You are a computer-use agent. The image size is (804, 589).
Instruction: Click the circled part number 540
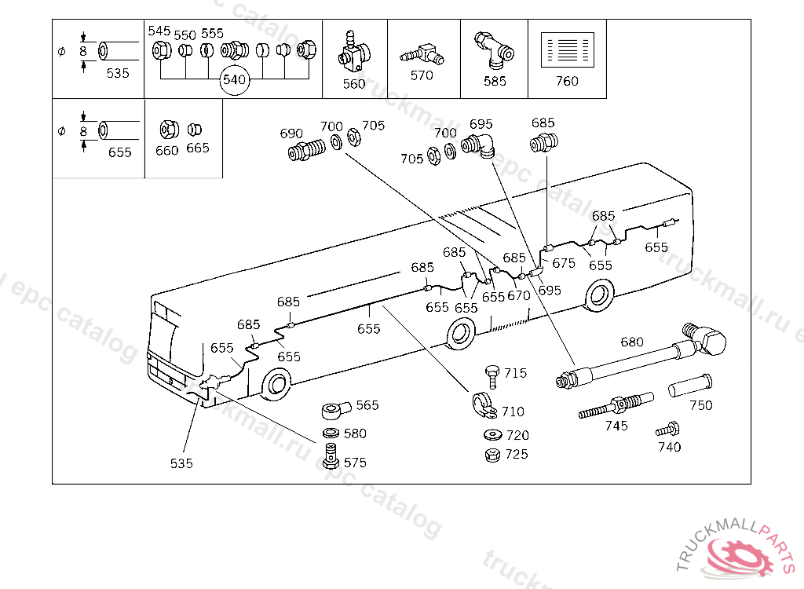tap(234, 80)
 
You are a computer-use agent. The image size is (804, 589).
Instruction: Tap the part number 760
tap(566, 81)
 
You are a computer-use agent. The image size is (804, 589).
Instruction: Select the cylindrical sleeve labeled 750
tap(690, 387)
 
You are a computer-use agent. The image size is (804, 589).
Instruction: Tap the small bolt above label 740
tap(667, 430)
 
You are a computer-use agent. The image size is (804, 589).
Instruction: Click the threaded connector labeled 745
tap(614, 407)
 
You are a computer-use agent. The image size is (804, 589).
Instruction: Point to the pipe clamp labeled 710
tap(481, 405)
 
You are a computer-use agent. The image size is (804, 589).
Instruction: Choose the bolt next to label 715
tap(492, 375)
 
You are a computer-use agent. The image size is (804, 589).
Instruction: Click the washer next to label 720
tap(494, 435)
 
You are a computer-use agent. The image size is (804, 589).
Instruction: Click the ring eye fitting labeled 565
tap(336, 410)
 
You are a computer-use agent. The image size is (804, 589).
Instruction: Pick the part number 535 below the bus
tap(181, 463)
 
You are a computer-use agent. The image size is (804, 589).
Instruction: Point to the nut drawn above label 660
tap(166, 129)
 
